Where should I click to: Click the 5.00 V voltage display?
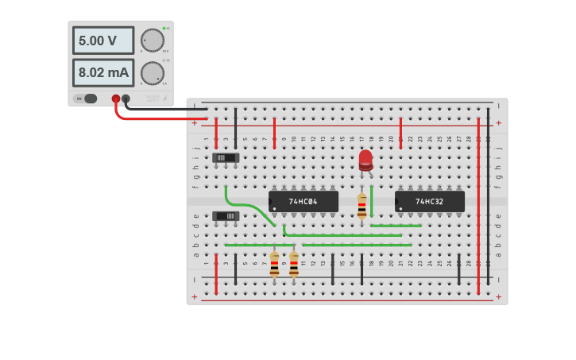[103, 41]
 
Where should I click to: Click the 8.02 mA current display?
[103, 72]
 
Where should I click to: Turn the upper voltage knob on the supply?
[152, 41]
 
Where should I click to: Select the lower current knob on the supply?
[152, 73]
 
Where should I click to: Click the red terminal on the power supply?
[116, 99]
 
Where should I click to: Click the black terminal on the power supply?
[126, 99]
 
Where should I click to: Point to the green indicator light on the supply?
[164, 29]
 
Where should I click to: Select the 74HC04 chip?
[303, 202]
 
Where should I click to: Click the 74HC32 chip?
[429, 202]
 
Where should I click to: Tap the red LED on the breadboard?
[365, 159]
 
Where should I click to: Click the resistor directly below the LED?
[361, 205]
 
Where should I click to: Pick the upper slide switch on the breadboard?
[226, 157]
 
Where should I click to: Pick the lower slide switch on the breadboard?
[226, 215]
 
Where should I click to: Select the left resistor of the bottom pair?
[274, 264]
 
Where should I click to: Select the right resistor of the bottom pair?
[294, 264]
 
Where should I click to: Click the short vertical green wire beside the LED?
[371, 201]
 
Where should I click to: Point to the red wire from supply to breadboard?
[159, 119]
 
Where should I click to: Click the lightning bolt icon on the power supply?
[165, 99]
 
